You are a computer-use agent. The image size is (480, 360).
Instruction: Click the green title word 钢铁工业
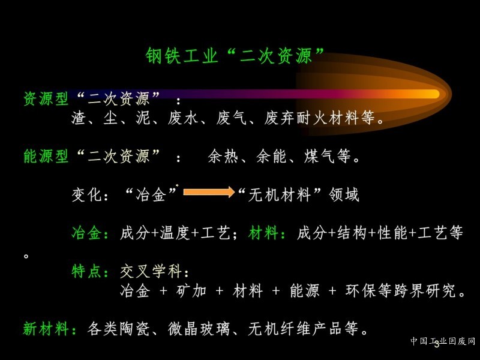[x=182, y=56]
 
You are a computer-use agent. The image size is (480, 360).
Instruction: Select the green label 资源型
[x=46, y=98]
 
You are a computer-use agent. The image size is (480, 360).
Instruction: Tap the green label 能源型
[x=46, y=156]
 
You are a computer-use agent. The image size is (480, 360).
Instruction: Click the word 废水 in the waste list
[x=183, y=118]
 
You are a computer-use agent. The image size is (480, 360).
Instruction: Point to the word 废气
[x=232, y=118]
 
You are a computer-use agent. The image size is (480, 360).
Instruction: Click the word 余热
[x=223, y=156]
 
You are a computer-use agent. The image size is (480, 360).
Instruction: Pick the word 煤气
[x=319, y=156]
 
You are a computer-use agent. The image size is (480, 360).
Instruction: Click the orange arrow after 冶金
[x=209, y=192]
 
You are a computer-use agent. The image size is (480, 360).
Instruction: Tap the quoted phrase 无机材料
[x=280, y=194]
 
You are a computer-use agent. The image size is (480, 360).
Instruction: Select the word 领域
[x=344, y=194]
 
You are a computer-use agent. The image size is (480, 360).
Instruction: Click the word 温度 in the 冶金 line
[x=175, y=233]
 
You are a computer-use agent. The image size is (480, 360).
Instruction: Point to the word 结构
[x=352, y=233]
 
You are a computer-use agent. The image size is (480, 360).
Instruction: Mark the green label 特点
[x=86, y=271]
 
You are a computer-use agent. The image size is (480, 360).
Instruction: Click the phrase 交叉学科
[x=151, y=271]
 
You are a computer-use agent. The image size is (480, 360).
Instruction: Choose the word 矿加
[x=191, y=290]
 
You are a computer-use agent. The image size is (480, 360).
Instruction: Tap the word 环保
[x=361, y=290]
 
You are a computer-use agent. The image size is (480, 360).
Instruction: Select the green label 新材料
[x=46, y=329]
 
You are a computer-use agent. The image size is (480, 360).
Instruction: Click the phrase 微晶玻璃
[x=199, y=329]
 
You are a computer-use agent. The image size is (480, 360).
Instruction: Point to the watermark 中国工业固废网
[x=443, y=341]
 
